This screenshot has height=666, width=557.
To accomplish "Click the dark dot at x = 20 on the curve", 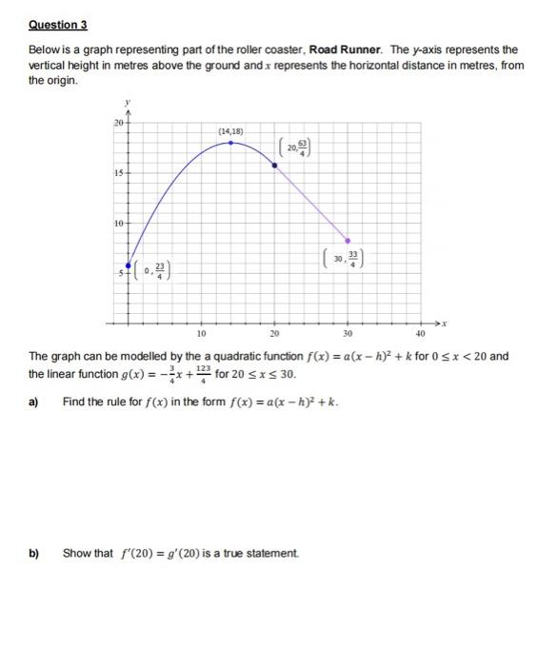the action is [275, 165].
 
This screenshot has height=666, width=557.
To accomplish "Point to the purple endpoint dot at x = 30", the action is [348, 241].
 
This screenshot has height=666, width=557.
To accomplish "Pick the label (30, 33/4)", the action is [350, 259].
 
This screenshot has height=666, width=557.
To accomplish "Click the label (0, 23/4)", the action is [151, 271].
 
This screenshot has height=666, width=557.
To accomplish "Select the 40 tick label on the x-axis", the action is [420, 335].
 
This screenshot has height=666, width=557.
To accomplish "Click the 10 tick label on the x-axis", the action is [201, 335].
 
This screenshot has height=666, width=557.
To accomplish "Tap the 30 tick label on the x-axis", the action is [347, 335].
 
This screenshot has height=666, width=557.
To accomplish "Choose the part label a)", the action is [33, 402].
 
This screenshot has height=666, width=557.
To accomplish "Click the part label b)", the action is [33, 553].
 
